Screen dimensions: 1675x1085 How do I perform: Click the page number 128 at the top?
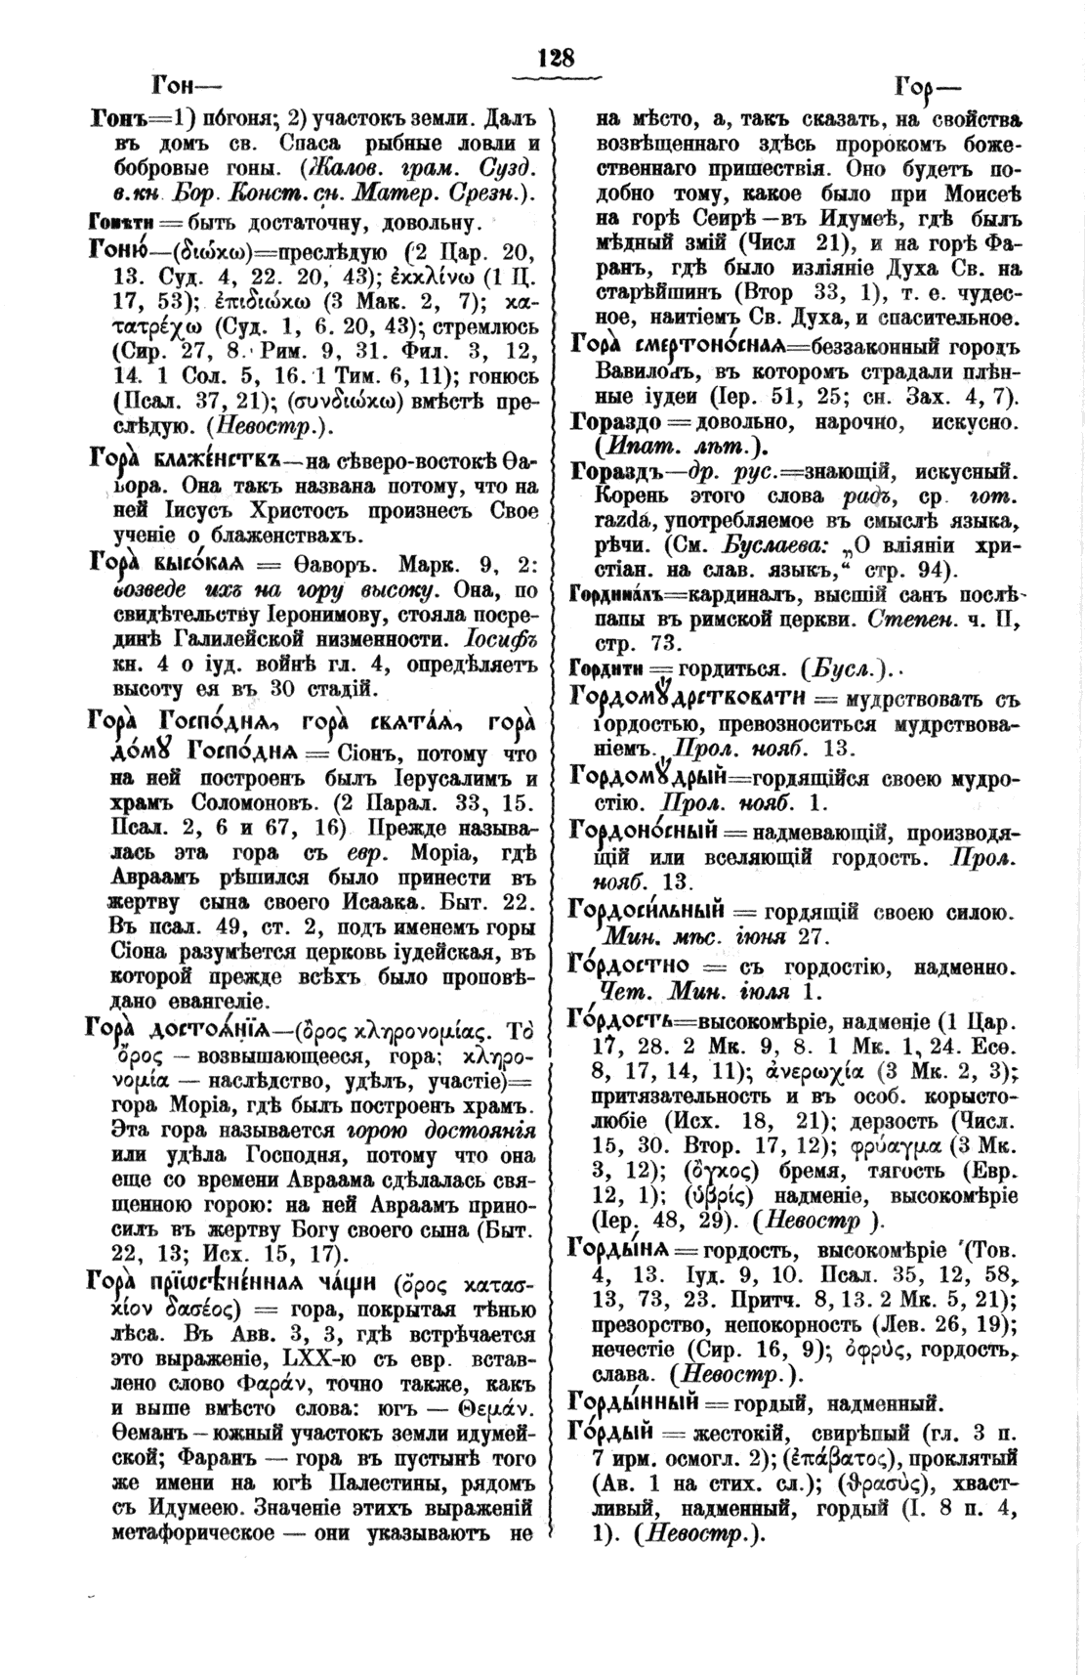click(556, 57)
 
